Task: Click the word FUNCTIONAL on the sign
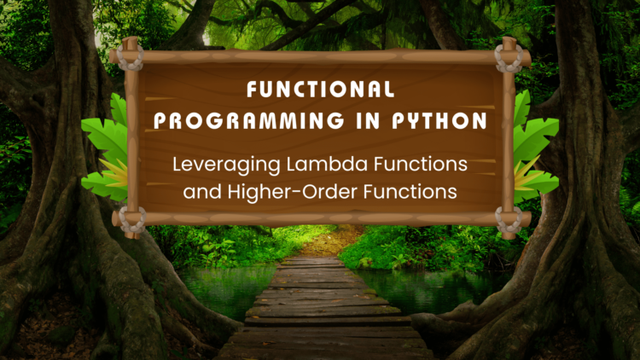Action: (x=320, y=89)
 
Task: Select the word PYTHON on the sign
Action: (x=437, y=121)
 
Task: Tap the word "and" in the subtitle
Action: (x=201, y=193)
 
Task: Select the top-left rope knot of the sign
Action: (x=131, y=58)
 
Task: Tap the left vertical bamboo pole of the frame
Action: (x=131, y=136)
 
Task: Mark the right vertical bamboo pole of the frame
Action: (x=509, y=136)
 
